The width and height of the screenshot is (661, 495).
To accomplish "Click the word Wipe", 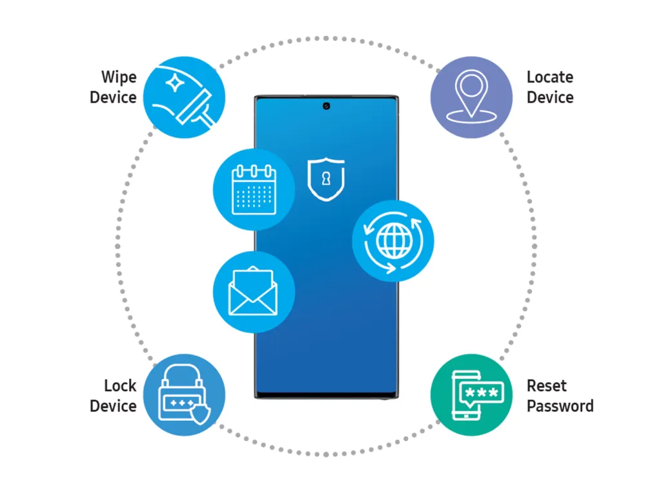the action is pos(119,77).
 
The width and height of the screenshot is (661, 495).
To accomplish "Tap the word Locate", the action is pos(550,77).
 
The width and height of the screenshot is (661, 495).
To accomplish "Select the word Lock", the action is pos(120,385).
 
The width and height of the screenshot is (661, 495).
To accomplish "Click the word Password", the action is pos(560,406).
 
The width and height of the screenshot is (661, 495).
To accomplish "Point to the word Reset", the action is pos(546,385).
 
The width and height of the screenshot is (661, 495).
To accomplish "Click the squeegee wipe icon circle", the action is pos(184,97).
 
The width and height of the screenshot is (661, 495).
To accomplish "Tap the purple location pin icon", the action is pos(471,97).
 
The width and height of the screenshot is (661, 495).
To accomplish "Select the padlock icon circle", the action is pos(184,395).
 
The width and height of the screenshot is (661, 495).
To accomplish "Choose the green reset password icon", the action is pos(471,395).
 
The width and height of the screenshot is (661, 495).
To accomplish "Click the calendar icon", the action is pos(254,189).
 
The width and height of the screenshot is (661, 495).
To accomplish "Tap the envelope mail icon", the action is pos(254,292).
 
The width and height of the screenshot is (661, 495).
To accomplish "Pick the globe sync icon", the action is pos(393,241).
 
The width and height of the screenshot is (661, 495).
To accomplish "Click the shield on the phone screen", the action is pos(326,179).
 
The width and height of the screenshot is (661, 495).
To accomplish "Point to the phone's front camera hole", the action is pos(326,106).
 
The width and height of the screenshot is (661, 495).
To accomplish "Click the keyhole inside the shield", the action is pos(326,179).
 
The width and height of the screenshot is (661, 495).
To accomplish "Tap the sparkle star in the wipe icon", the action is pos(174,82).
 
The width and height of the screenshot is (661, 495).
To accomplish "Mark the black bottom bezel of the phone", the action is pos(326,395).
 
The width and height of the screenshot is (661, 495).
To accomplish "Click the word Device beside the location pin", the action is pos(550,98).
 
